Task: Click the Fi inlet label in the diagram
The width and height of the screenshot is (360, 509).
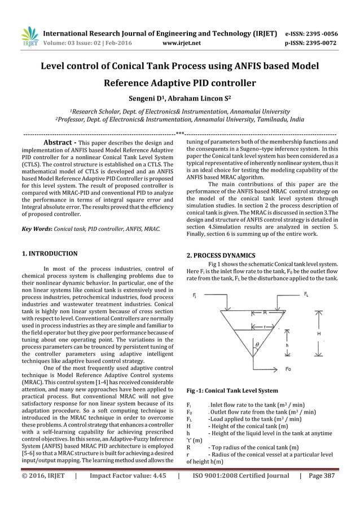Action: click(194, 295)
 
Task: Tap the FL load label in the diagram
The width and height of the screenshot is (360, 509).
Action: click(306, 295)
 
